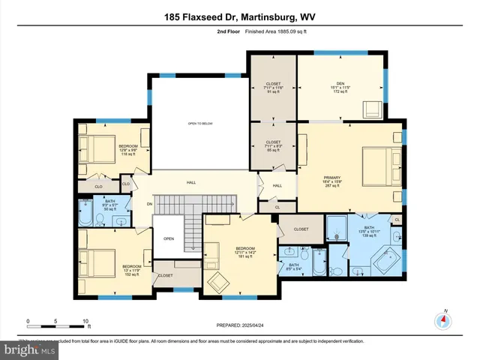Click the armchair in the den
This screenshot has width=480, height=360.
tap(372, 109)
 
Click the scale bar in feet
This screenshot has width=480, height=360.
tap(57, 321)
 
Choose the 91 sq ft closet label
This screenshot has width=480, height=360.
tap(273, 88)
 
